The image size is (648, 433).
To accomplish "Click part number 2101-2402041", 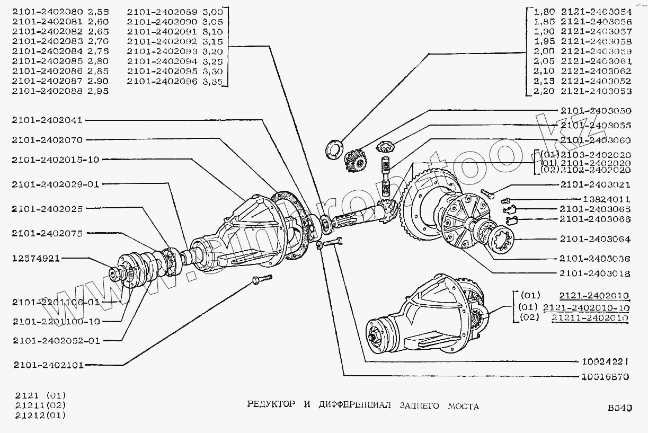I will tap(47, 120).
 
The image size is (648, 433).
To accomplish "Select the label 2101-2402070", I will tap(47, 140).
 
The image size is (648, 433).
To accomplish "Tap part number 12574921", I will tap(35, 259).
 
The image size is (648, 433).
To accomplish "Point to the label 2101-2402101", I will tap(47, 365).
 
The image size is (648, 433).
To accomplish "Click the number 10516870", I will tap(602, 377).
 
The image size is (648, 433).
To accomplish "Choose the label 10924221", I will tap(602, 362).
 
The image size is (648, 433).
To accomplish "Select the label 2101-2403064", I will tap(595, 239).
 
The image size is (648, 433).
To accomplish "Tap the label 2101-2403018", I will tap(595, 273).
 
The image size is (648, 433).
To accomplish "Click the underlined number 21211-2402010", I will tap(590, 317).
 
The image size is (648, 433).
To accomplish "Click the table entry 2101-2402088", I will tap(47, 91).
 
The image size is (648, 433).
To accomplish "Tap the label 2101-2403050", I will tap(595, 111).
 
